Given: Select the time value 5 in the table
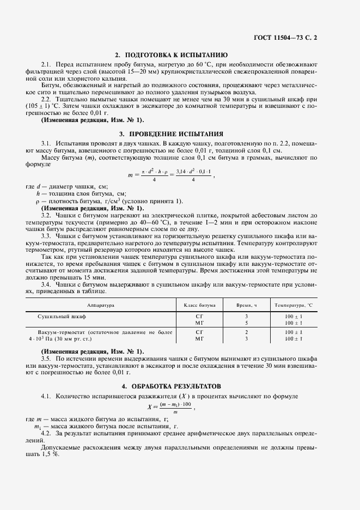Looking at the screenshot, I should pos(246,323).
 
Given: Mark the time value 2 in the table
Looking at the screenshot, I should pos(246,332).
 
